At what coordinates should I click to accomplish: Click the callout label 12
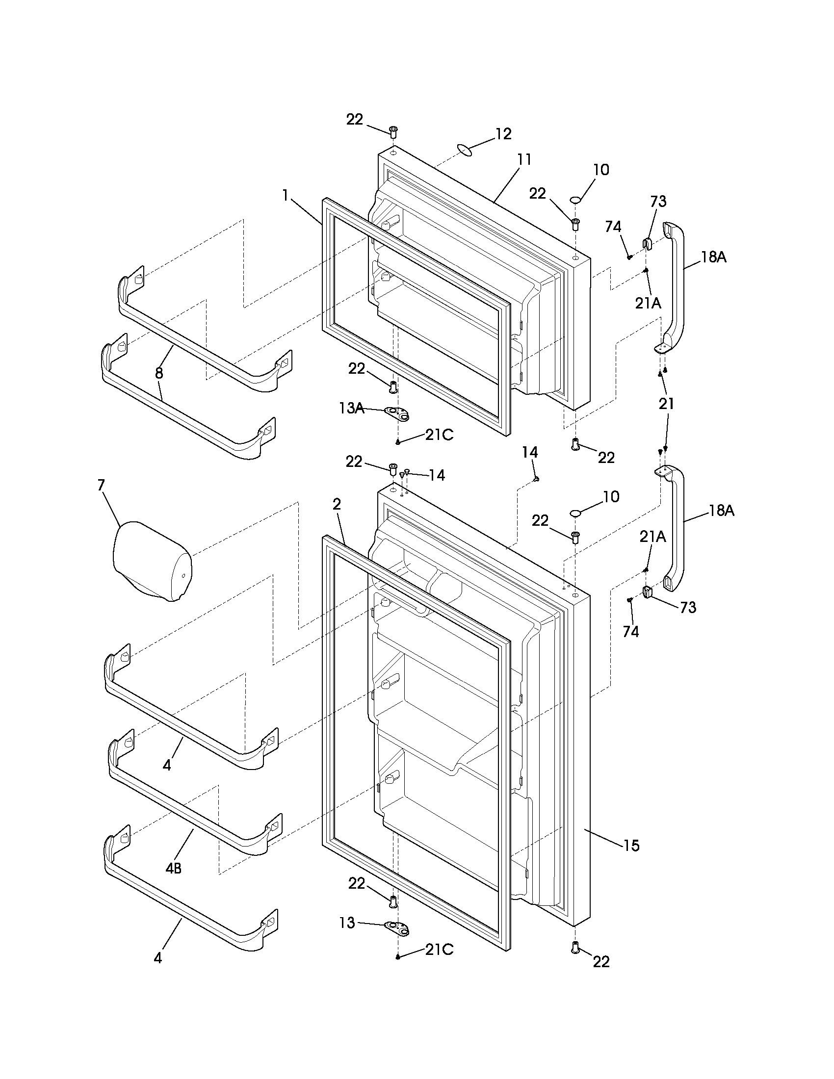(503, 134)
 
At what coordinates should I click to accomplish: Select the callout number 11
(524, 159)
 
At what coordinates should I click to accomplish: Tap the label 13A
(352, 408)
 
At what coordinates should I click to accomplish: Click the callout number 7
(101, 485)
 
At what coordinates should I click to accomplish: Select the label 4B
(173, 868)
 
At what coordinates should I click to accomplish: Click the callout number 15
(631, 846)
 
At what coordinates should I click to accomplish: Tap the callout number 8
(158, 373)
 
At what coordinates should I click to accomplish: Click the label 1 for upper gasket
(285, 196)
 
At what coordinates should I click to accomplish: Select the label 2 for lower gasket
(337, 504)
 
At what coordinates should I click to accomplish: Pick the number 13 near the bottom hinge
(347, 923)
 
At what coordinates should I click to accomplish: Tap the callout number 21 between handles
(667, 404)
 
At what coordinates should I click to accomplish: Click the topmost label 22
(354, 119)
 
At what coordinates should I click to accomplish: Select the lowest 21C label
(439, 950)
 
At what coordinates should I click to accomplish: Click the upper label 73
(658, 201)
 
